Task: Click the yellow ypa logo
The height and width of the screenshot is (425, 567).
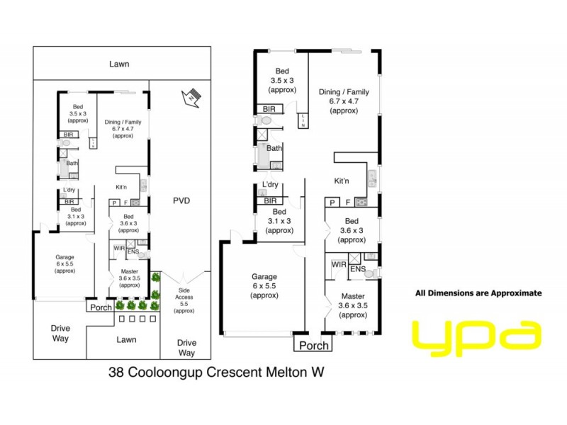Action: pyautogui.click(x=476, y=337)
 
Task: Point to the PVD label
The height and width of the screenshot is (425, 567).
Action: pyautogui.click(x=182, y=200)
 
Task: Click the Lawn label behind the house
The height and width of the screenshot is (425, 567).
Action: pyautogui.click(x=119, y=64)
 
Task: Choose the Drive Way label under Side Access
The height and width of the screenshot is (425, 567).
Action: pyautogui.click(x=186, y=347)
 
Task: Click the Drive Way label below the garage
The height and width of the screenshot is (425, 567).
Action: pyautogui.click(x=60, y=333)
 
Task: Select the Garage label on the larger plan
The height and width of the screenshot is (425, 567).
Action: pyautogui.click(x=263, y=276)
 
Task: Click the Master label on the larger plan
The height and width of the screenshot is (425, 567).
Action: pyautogui.click(x=352, y=296)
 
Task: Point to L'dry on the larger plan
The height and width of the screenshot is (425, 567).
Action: pyautogui.click(x=269, y=186)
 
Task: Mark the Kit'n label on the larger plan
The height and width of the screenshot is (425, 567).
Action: pyautogui.click(x=342, y=181)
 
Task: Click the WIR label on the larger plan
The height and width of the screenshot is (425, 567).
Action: pyautogui.click(x=338, y=265)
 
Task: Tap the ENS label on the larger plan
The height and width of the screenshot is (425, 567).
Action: pyautogui.click(x=357, y=269)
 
